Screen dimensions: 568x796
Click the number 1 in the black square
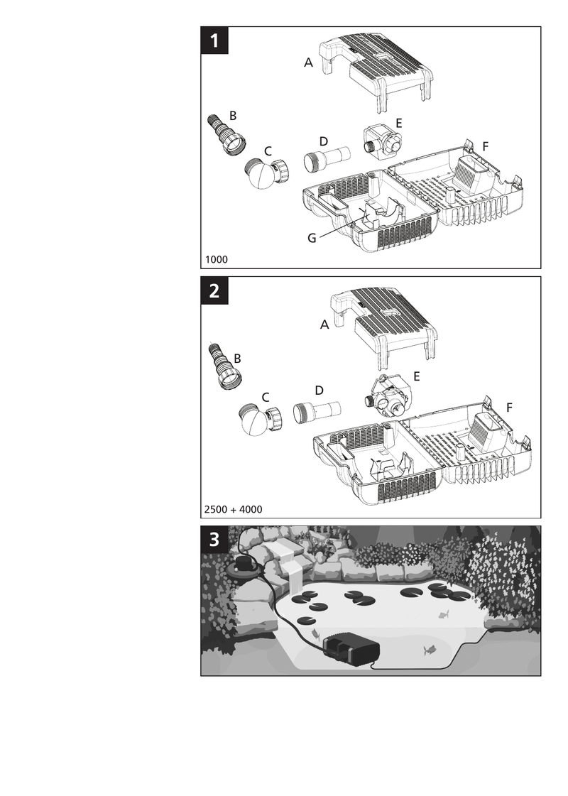tap(214, 40)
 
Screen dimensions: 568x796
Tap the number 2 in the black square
tap(214, 291)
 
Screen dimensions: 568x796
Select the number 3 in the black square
tap(214, 540)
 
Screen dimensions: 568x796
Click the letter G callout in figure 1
tap(312, 238)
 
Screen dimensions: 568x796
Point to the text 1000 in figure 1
tap(217, 259)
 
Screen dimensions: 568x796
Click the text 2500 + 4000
tap(233, 509)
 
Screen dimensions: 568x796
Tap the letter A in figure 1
tap(308, 62)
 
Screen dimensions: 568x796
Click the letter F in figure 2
tap(509, 407)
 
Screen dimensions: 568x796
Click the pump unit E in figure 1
tap(383, 141)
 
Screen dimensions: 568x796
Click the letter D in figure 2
tap(319, 390)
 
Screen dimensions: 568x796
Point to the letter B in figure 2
tap(237, 359)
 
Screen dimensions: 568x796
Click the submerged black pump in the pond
tap(351, 650)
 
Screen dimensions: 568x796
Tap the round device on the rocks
tap(246, 565)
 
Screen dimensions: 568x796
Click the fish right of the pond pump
tap(430, 649)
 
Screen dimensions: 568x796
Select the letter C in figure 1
tap(268, 151)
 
